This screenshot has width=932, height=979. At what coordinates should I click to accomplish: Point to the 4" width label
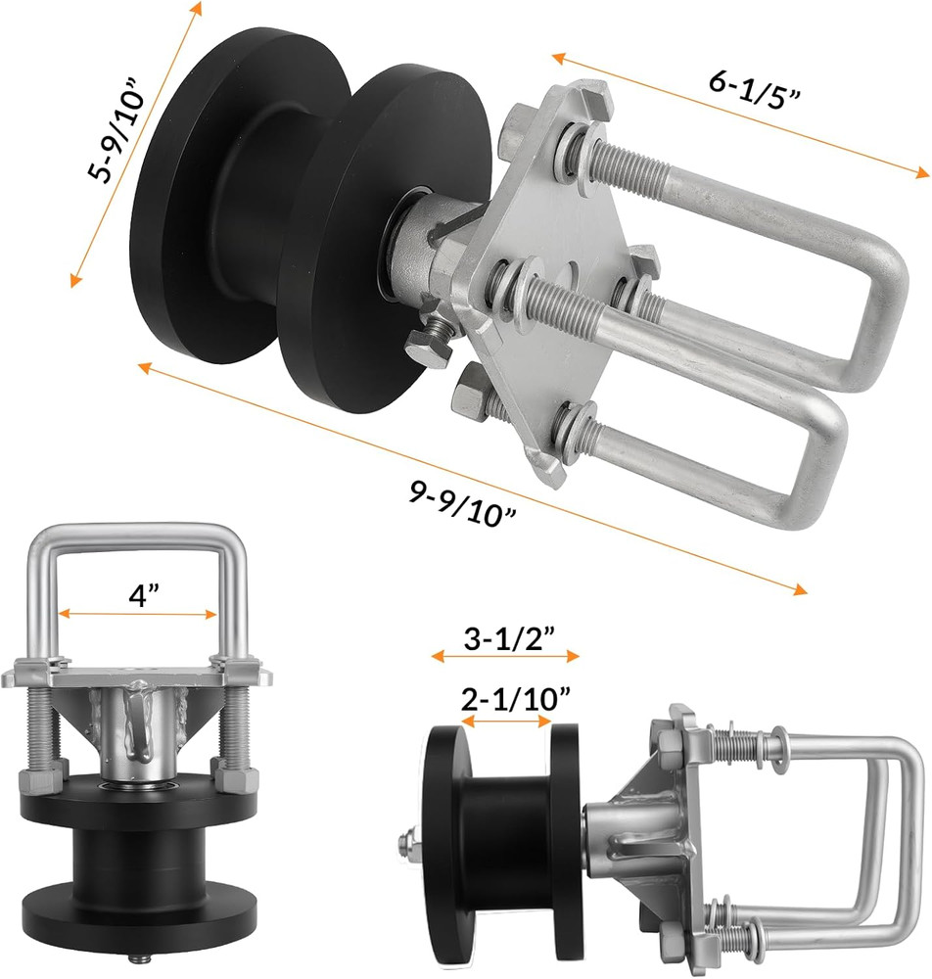coord(137,595)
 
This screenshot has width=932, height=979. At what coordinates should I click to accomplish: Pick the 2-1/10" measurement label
coord(506,698)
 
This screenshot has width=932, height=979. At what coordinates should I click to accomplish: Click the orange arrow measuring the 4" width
coord(137,615)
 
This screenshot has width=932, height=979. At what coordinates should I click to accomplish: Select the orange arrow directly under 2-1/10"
coord(506,721)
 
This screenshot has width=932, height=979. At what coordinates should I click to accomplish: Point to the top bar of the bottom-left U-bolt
coord(137,534)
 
